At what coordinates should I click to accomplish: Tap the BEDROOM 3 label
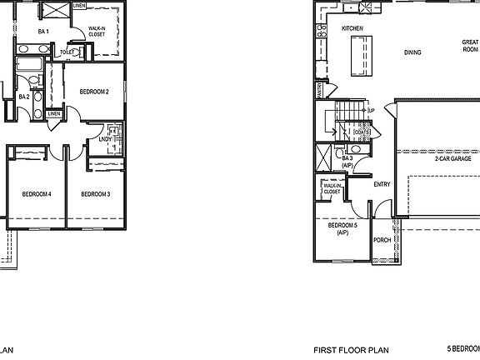pos(96,194)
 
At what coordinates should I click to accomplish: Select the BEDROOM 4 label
pos(37,194)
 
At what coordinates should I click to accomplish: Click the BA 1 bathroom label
pos(43,32)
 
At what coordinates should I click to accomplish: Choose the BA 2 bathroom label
pos(24,97)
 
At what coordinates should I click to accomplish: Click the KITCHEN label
pos(352,29)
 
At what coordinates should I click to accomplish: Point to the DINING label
pos(412,52)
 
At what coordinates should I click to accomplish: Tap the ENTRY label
pos(382,185)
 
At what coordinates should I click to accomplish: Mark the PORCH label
pos(382,240)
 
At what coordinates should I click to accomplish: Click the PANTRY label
pos(319,88)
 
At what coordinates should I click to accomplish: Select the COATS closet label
pos(361,132)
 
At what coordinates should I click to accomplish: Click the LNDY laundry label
pos(106,140)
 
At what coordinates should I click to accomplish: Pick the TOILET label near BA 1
pos(68,52)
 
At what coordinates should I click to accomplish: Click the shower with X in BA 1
pos(56,11)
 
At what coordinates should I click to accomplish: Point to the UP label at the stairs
pos(371,110)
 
